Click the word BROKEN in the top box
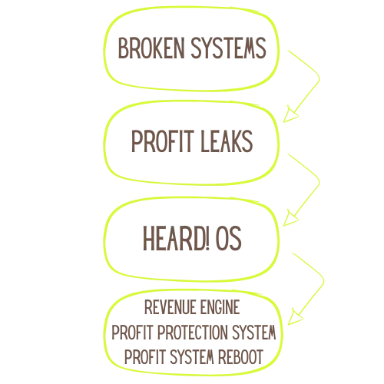(151, 48)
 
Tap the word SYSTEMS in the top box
(229, 48)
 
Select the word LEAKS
(227, 141)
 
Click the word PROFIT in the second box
(162, 141)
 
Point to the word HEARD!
(176, 238)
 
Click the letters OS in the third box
(229, 238)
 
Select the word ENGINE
(220, 307)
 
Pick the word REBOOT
(240, 357)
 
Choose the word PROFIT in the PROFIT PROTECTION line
(132, 333)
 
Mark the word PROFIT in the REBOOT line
(145, 357)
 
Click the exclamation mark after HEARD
(207, 238)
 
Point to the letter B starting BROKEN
(122, 48)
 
